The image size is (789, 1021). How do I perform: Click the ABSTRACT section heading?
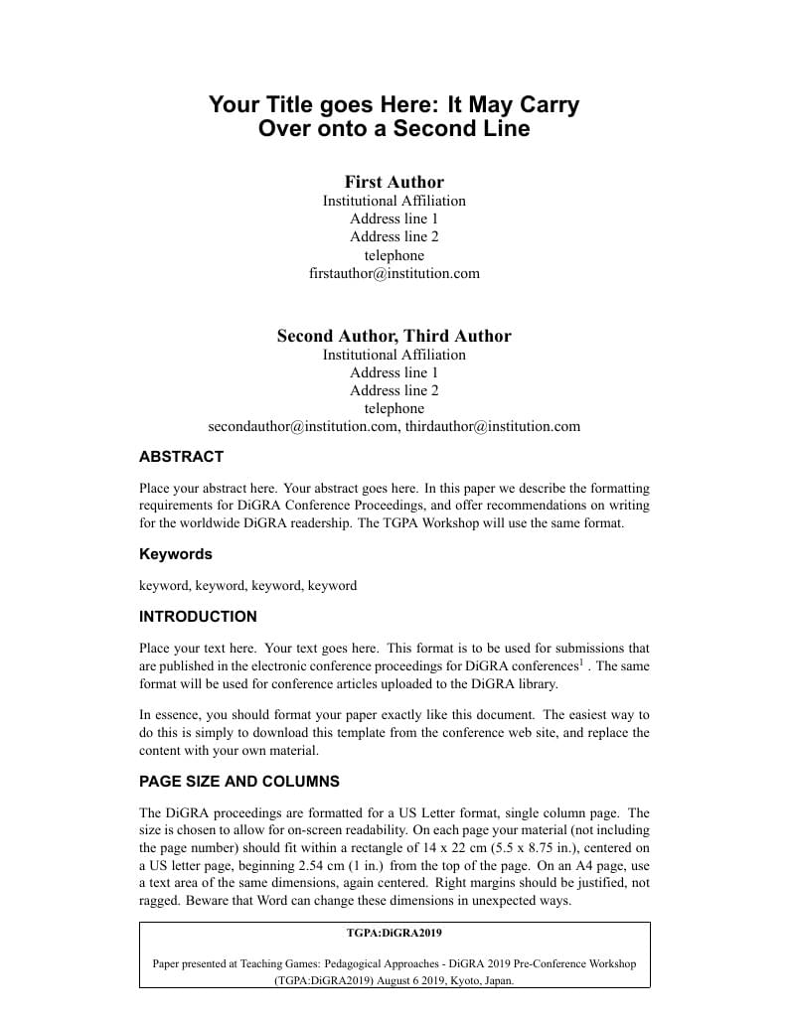coord(181,457)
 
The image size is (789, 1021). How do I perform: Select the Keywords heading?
coord(175,554)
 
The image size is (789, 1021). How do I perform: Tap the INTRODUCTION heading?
coord(198,617)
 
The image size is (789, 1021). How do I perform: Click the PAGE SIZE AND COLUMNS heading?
coord(238,782)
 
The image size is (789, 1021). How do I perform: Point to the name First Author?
coord(394,182)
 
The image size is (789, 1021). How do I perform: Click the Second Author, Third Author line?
coord(394,336)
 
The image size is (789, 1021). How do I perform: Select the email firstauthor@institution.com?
coord(394,273)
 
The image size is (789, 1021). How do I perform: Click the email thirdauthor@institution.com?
coord(493,426)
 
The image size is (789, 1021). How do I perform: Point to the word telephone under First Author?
coord(394,255)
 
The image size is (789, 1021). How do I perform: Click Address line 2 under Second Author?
coord(394,390)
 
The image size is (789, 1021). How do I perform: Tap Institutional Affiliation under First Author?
coord(394,201)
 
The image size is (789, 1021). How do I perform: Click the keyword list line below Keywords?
coord(247,586)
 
